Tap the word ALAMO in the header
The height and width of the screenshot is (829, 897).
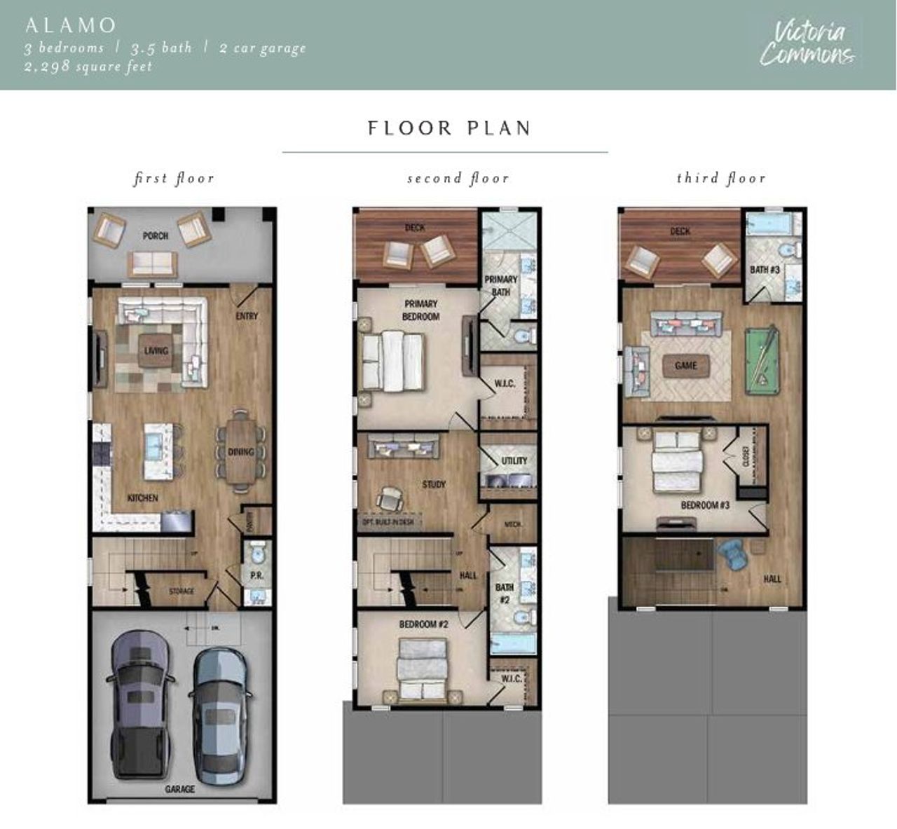pyautogui.click(x=70, y=25)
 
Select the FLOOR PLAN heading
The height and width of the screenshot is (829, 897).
pyautogui.click(x=449, y=128)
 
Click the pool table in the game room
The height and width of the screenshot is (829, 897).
pyautogui.click(x=762, y=359)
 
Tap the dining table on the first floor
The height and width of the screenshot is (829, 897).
pyautogui.click(x=240, y=452)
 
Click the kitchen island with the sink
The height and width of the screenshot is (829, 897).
pyautogui.click(x=158, y=451)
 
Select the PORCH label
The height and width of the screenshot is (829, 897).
pyautogui.click(x=156, y=235)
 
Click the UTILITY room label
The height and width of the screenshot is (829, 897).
pyautogui.click(x=514, y=460)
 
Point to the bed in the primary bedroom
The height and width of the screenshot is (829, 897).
pyautogui.click(x=393, y=362)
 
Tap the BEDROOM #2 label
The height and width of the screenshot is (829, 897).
pyautogui.click(x=423, y=624)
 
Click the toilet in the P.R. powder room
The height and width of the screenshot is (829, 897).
pyautogui.click(x=257, y=553)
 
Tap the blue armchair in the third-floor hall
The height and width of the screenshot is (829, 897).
pyautogui.click(x=734, y=556)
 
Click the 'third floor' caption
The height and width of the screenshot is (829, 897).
pyautogui.click(x=721, y=178)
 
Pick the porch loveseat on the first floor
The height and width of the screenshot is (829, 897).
pyautogui.click(x=152, y=264)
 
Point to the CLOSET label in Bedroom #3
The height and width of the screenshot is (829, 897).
pyautogui.click(x=745, y=455)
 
